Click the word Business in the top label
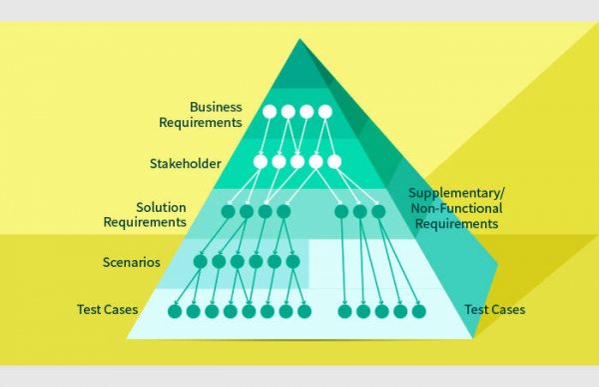tap(215, 106)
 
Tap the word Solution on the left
tap(161, 207)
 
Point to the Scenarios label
tap(131, 262)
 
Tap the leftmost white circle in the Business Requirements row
tap(270, 111)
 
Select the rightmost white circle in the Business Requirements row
tap(324, 111)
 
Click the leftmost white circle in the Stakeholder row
tap(261, 161)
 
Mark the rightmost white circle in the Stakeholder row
tap(334, 161)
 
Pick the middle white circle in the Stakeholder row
tap(298, 161)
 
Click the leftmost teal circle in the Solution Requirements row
tap(228, 212)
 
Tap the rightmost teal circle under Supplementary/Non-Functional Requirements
tap(377, 212)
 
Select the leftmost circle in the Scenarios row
tap(200, 262)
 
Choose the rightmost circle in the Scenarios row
tap(293, 262)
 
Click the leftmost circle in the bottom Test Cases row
tap(175, 311)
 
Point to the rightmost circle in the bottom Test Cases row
tap(417, 311)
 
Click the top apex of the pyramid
tap(299, 39)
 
